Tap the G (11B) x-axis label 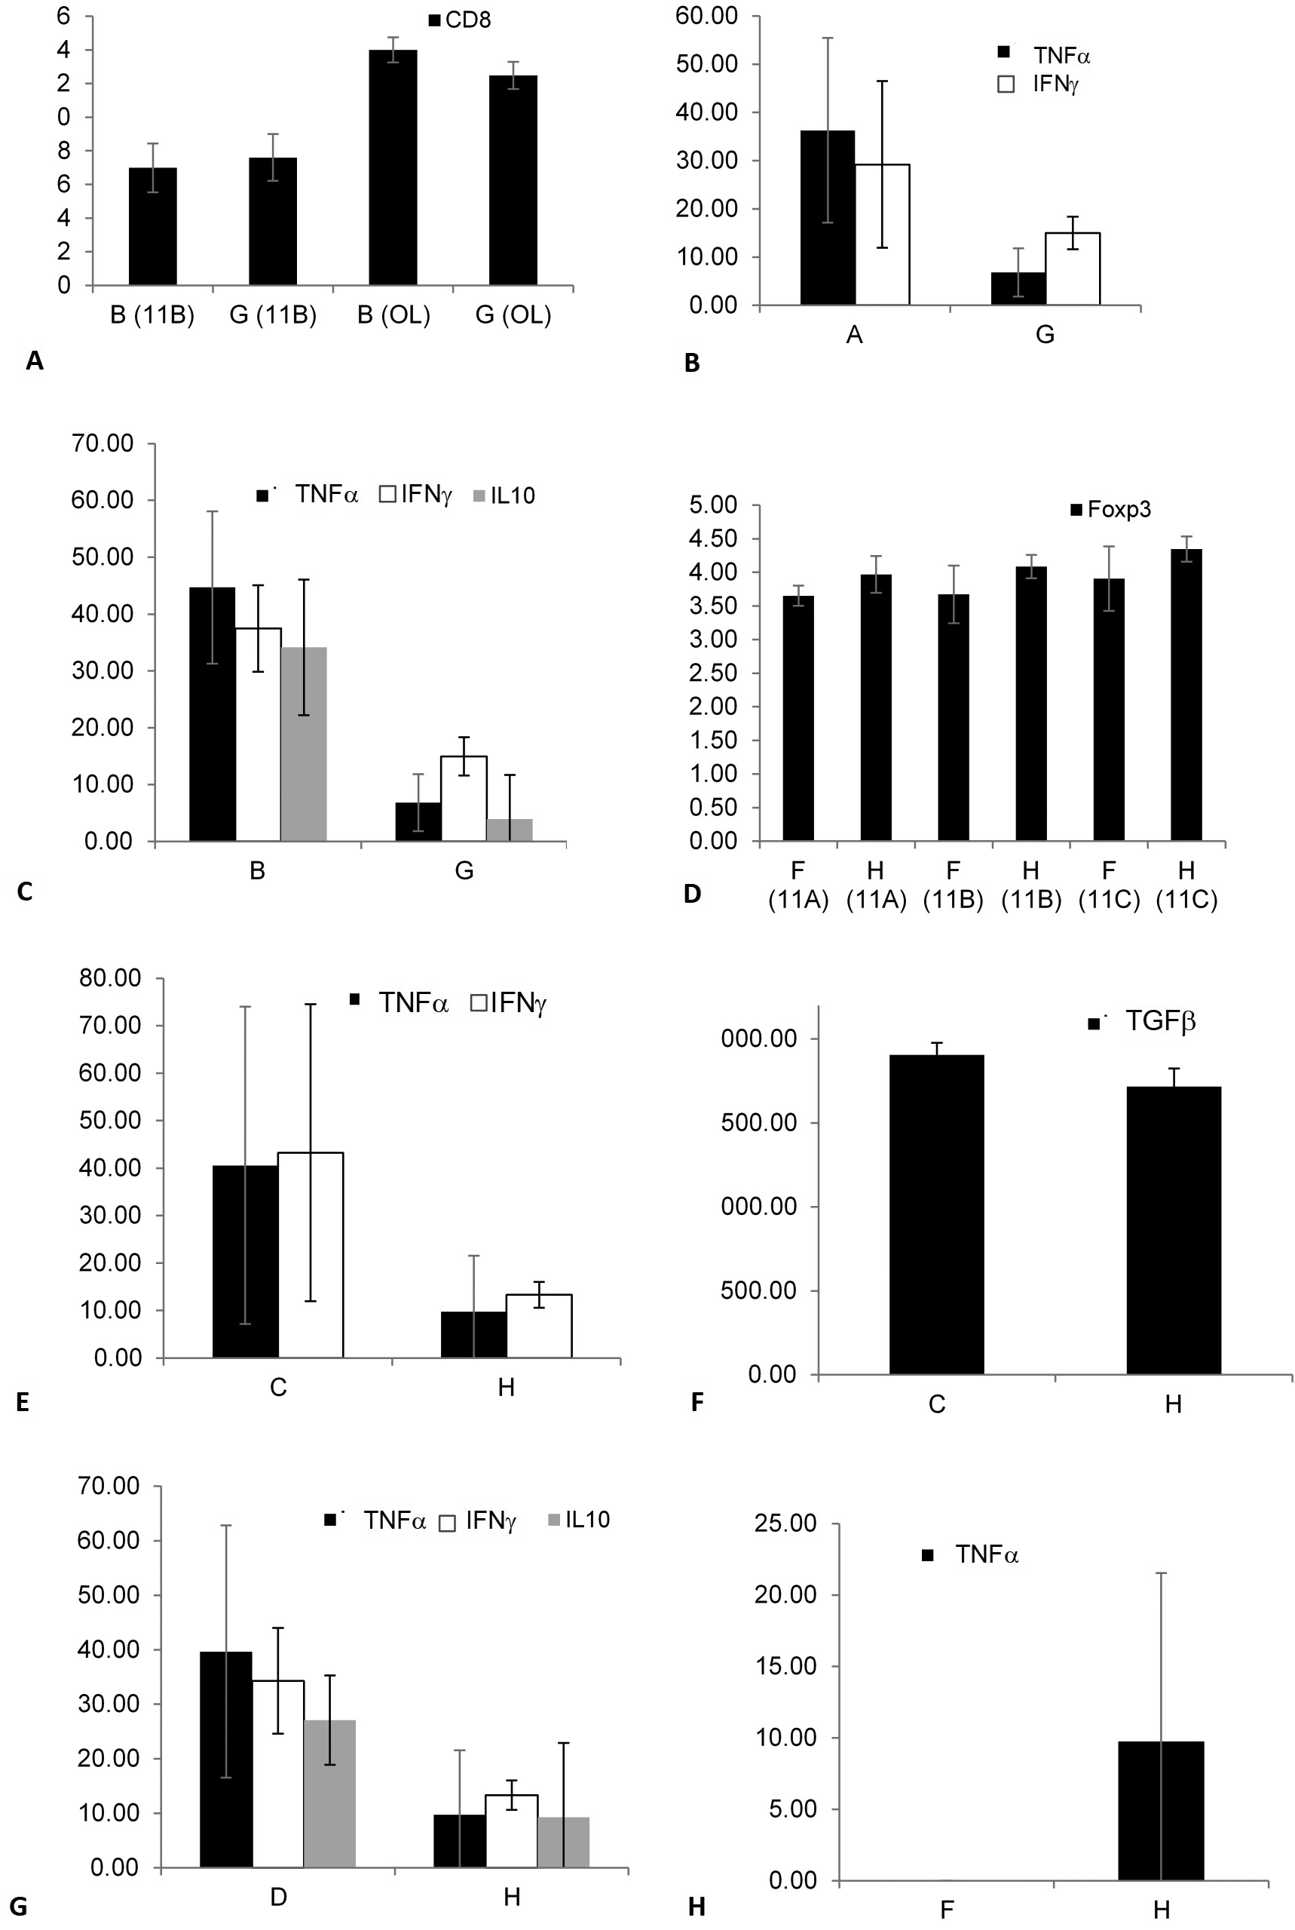[273, 315]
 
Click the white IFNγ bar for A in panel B [882, 235]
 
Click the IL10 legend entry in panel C [504, 496]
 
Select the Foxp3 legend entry [1111, 510]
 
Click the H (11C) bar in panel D [1186, 695]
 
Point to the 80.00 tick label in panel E [110, 978]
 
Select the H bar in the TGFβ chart [1173, 1230]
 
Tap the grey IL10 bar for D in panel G [329, 1793]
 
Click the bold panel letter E [23, 1402]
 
